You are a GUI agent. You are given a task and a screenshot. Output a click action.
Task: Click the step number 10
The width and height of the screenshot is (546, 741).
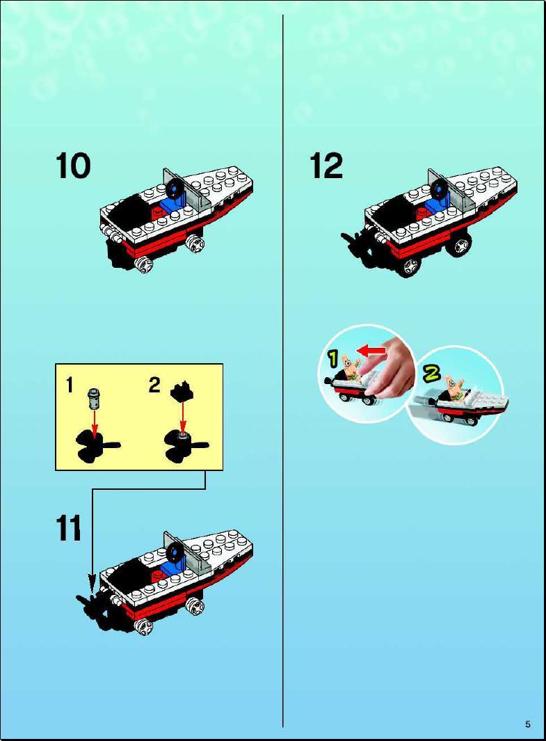pyautogui.click(x=73, y=166)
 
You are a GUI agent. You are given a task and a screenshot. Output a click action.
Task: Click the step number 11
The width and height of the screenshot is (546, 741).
pyautogui.click(x=69, y=527)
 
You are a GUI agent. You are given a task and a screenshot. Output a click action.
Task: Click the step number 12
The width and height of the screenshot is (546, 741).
pyautogui.click(x=326, y=166)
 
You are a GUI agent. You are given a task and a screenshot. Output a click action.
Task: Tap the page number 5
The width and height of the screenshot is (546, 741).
pyautogui.click(x=528, y=724)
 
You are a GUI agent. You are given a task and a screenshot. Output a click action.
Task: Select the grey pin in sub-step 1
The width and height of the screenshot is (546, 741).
pyautogui.click(x=95, y=398)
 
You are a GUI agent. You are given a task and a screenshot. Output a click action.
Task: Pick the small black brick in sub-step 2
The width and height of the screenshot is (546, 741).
pyautogui.click(x=184, y=391)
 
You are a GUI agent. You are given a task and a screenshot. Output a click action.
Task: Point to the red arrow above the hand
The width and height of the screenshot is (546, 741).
pyautogui.click(x=371, y=351)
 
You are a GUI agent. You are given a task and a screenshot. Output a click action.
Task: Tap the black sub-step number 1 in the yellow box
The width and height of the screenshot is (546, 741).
pyautogui.click(x=70, y=385)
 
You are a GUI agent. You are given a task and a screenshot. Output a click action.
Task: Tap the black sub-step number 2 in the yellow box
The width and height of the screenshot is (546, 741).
pyautogui.click(x=154, y=385)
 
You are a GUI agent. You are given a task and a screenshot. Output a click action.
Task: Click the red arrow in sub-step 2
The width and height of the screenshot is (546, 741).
pyautogui.click(x=183, y=416)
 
